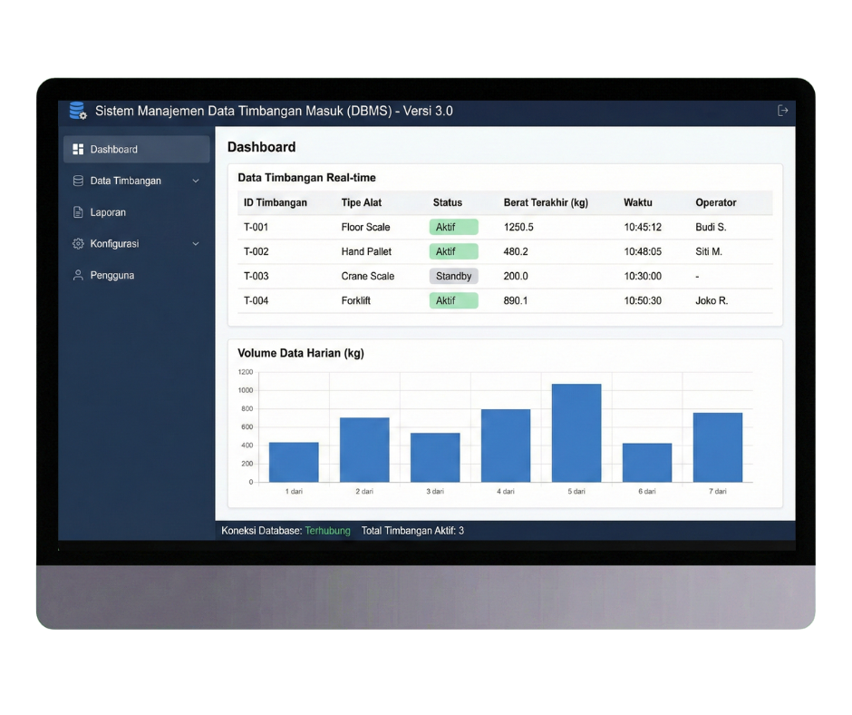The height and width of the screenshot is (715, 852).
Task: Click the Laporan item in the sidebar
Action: [x=108, y=212]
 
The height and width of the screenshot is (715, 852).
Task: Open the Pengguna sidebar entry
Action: [x=111, y=275]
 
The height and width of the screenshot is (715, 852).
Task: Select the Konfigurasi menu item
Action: [x=114, y=244]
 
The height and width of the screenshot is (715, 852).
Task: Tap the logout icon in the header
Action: [x=783, y=111]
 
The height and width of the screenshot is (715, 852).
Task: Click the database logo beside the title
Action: [x=78, y=112]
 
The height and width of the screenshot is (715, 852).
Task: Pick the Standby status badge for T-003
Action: [x=453, y=276]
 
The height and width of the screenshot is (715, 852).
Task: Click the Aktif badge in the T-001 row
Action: [x=453, y=227]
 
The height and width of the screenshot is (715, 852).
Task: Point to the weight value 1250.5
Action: [x=518, y=227]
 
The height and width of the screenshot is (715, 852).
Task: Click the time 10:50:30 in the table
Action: [x=643, y=300]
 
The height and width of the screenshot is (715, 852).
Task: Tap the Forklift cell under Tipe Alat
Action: [x=361, y=300]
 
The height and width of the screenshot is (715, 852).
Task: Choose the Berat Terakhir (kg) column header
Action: [x=546, y=202]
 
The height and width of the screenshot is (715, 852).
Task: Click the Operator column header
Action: [x=716, y=202]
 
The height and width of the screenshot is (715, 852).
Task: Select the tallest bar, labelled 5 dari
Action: [x=576, y=433]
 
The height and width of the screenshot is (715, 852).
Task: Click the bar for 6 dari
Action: [x=647, y=463]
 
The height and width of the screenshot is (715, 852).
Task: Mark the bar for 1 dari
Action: [x=294, y=462]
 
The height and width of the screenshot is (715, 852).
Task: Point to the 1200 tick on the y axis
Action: [x=246, y=372]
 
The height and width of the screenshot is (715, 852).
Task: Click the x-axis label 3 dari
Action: [x=435, y=491]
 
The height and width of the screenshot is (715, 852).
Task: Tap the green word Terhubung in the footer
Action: [x=327, y=531]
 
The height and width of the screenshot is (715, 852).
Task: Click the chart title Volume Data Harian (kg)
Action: [x=301, y=353]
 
